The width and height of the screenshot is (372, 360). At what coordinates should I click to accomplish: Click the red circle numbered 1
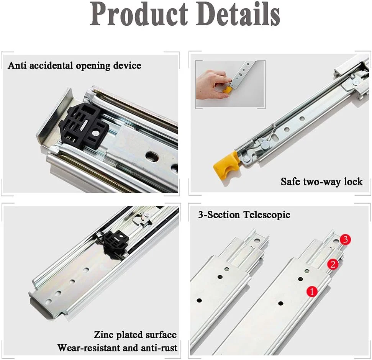312,291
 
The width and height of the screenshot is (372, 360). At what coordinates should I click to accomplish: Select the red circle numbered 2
333,264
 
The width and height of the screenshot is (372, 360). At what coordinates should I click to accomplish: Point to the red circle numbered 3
345,239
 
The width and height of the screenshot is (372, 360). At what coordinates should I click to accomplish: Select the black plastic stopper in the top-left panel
84,126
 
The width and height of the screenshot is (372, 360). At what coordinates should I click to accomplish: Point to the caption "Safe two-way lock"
322,182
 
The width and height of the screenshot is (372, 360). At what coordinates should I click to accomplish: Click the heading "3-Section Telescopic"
244,214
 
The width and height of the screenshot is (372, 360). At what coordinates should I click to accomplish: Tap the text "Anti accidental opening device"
74,65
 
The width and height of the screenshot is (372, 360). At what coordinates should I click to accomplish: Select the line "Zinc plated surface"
135,335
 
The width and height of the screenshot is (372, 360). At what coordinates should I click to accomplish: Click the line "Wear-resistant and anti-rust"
118,348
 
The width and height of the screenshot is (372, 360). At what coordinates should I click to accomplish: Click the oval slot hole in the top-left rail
152,156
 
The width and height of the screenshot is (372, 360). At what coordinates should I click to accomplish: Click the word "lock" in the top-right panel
353,182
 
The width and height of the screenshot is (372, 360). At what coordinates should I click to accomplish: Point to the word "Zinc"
104,335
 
